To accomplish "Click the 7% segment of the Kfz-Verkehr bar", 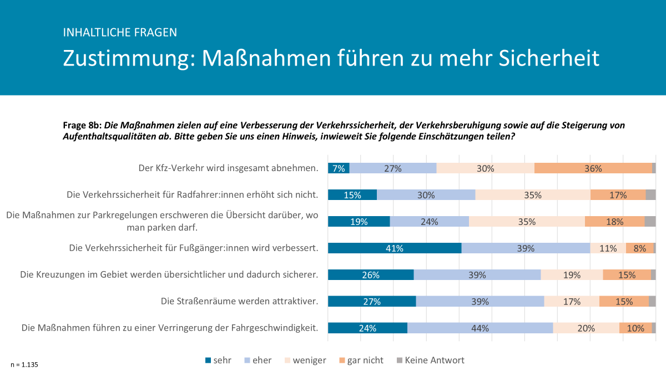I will pyautogui.click(x=339, y=168).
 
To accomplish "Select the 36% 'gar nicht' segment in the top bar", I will pyautogui.click(x=593, y=168).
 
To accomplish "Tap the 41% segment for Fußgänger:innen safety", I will pyautogui.click(x=394, y=248).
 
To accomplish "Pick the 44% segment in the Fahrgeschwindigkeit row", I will pyautogui.click(x=480, y=328).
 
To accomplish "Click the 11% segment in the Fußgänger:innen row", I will pyautogui.click(x=608, y=248).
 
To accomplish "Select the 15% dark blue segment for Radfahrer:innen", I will pyautogui.click(x=352, y=195).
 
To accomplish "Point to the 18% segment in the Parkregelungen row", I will pyautogui.click(x=614, y=222).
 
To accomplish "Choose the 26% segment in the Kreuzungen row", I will pyautogui.click(x=371, y=274).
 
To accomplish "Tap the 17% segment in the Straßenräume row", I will pyautogui.click(x=571, y=301).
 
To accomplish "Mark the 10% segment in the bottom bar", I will pyautogui.click(x=635, y=328).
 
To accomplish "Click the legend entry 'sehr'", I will pyautogui.click(x=219, y=360).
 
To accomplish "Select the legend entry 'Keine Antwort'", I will pyautogui.click(x=430, y=360).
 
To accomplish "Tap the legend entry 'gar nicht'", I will pyautogui.click(x=360, y=360).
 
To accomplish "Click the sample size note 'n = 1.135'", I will pyautogui.click(x=24, y=364).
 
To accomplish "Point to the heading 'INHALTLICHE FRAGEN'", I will pyautogui.click(x=120, y=32).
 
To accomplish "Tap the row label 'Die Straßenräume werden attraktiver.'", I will pyautogui.click(x=239, y=301).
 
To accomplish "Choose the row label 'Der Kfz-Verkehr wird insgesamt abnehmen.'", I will pyautogui.click(x=228, y=168).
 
